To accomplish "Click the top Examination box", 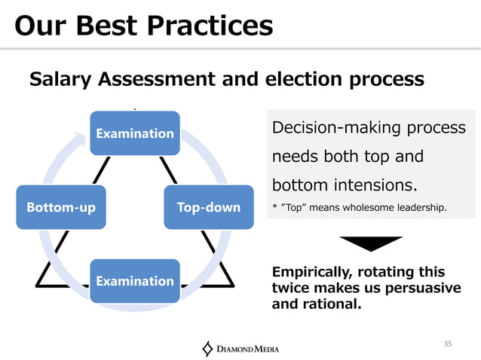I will point(135,133).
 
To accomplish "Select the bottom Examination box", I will point(135,281).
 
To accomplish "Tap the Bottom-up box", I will point(61,207).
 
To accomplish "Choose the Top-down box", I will point(209,207).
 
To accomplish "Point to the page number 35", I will point(448,343).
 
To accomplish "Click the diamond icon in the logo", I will point(208,349).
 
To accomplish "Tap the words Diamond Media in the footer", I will point(248,349).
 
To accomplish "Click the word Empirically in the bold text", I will point(317,272).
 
